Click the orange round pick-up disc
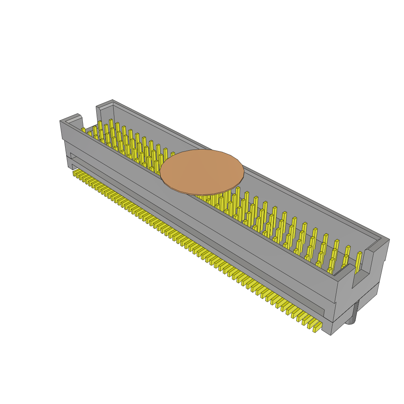[x=202, y=172]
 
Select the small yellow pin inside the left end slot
[x=83, y=130]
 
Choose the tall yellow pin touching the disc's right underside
[x=238, y=197]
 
